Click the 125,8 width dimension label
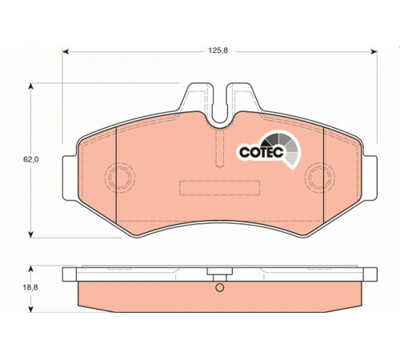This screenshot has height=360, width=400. [218, 50]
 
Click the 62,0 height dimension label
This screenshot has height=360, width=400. [31, 159]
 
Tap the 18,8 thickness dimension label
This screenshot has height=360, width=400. [30, 287]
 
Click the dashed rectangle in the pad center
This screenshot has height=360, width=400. [219, 182]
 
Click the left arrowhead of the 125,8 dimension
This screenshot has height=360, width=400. [66, 51]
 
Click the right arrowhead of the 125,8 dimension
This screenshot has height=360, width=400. [374, 51]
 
